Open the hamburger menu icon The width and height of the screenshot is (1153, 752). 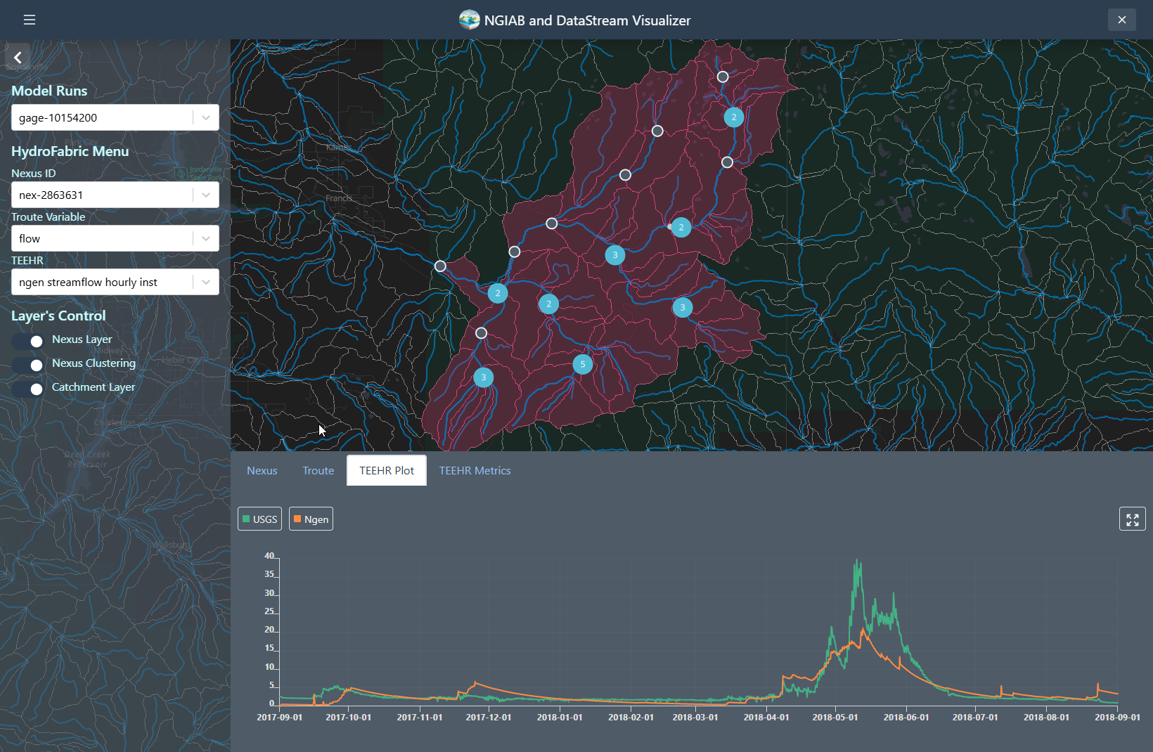(x=30, y=20)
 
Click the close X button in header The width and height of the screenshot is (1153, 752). (x=1121, y=20)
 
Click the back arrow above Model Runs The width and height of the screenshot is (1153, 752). (x=18, y=58)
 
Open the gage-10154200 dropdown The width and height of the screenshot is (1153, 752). (x=115, y=118)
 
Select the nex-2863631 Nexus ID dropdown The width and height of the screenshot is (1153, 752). (x=115, y=195)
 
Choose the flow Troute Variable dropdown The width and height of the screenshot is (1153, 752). (x=115, y=239)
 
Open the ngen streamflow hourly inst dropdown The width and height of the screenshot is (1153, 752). (x=115, y=283)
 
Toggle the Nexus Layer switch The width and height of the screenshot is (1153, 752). (x=28, y=341)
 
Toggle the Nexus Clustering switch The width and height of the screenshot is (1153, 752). (x=28, y=365)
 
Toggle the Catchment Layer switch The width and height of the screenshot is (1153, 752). (x=28, y=389)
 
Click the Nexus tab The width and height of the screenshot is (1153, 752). (x=262, y=471)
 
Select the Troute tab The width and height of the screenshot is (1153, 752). (x=318, y=471)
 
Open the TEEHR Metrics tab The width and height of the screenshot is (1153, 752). (x=475, y=471)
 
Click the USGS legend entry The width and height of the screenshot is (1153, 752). (x=259, y=519)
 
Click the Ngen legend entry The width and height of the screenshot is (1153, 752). (x=311, y=519)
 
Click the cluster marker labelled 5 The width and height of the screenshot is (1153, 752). (x=582, y=365)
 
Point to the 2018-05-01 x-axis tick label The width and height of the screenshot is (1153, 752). (x=835, y=718)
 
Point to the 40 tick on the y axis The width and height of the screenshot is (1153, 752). (x=269, y=556)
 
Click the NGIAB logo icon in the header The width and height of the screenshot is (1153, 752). (x=469, y=20)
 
